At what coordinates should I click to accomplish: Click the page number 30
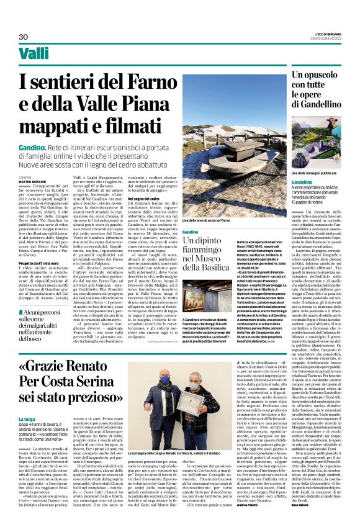(x=24, y=37)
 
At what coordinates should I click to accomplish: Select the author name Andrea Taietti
(x=263, y=503)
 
